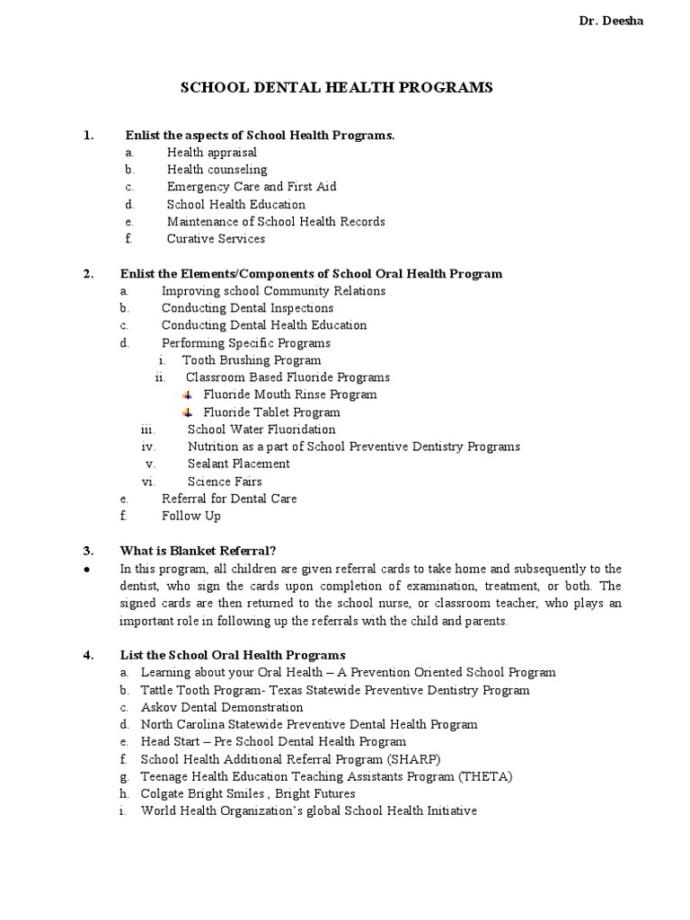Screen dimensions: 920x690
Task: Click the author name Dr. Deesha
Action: (x=610, y=22)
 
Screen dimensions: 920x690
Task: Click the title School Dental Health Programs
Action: (x=337, y=87)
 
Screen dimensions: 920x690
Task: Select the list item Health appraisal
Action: (x=211, y=153)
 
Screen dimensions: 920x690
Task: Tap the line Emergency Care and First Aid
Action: (x=252, y=187)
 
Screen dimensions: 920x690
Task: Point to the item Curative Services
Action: (x=216, y=239)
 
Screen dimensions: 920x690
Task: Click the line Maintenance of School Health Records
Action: (x=276, y=221)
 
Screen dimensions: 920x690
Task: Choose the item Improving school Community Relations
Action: (x=273, y=291)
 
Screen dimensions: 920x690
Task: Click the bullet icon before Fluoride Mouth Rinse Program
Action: (x=187, y=395)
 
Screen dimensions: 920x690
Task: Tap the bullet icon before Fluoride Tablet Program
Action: (x=187, y=412)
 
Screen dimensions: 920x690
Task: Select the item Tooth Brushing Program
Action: (x=252, y=360)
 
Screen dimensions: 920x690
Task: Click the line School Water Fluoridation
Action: (x=261, y=429)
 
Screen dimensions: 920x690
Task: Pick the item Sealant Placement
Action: (x=238, y=464)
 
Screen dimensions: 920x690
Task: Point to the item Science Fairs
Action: (x=225, y=482)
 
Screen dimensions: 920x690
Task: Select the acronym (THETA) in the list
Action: (x=484, y=776)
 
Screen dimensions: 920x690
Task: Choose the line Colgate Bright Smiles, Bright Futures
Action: (x=248, y=793)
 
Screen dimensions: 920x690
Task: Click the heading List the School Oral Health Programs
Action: (x=233, y=655)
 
